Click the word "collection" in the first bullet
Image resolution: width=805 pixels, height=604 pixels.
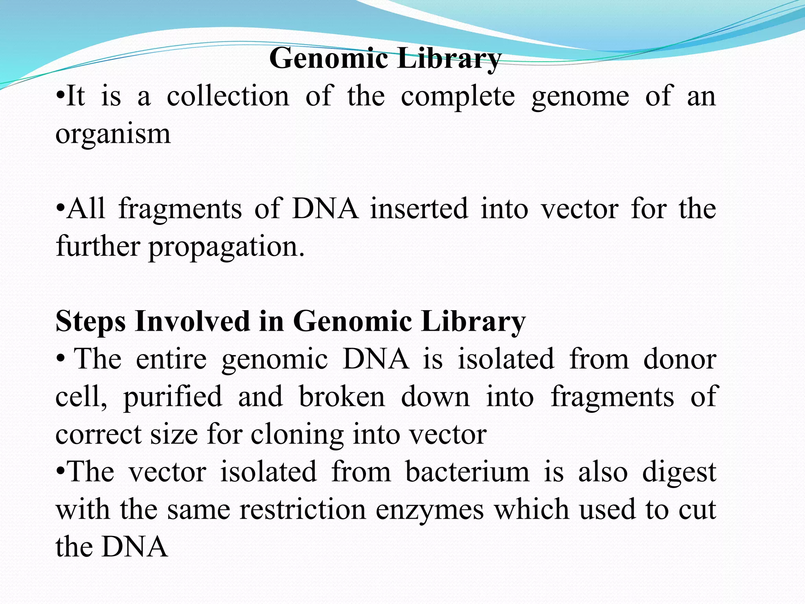click(x=228, y=96)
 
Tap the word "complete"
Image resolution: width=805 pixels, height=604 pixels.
click(x=458, y=97)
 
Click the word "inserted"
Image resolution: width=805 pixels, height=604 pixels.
click(x=419, y=209)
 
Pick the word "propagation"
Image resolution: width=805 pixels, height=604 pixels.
click(x=226, y=247)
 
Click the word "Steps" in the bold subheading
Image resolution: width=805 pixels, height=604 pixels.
click(x=91, y=322)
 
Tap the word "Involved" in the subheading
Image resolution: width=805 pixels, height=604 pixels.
click(x=193, y=321)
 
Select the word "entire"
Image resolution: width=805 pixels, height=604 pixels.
click(x=171, y=359)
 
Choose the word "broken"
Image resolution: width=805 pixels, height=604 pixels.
click(x=342, y=396)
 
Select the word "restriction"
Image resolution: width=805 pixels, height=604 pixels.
click(x=303, y=509)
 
